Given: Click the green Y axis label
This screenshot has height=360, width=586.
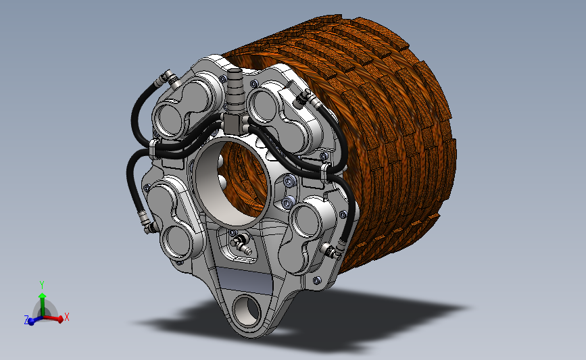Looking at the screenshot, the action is (42, 285).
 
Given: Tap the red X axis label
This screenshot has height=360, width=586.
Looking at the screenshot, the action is (67, 317).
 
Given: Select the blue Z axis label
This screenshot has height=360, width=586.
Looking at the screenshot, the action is (26, 319).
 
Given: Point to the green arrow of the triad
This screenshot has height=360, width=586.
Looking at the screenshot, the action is (42, 305).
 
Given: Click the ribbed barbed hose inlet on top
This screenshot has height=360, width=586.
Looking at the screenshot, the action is (235, 91).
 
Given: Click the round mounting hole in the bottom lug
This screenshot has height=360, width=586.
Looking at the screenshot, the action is (246, 310).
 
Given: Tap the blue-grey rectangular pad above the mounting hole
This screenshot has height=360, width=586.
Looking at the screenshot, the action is (245, 280).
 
